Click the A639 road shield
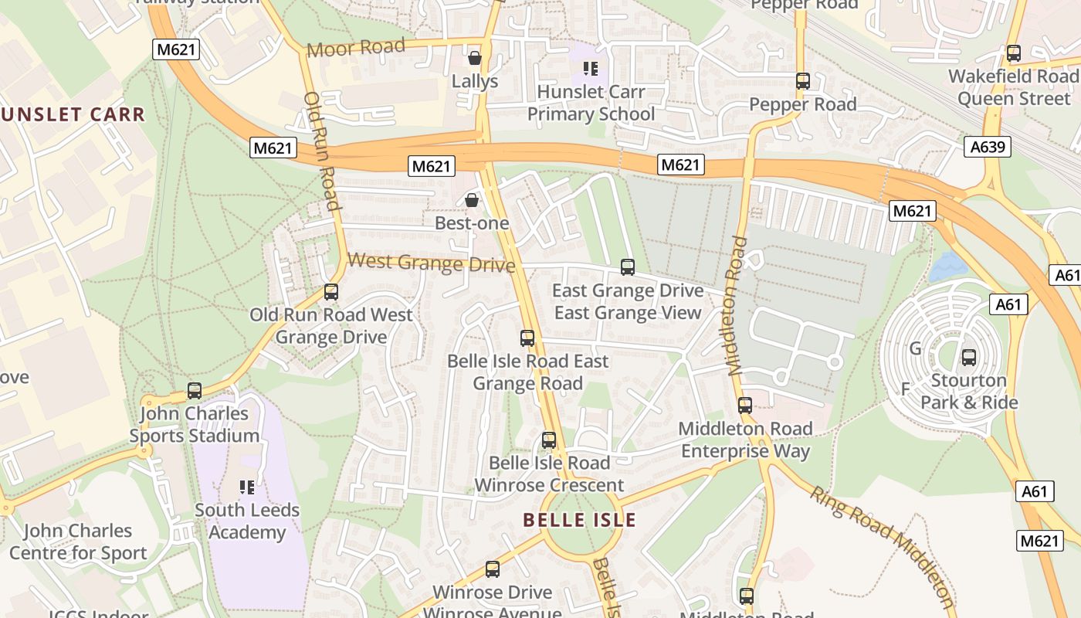[988, 147]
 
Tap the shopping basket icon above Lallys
[475, 58]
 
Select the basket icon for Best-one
[472, 201]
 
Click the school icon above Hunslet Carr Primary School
[591, 69]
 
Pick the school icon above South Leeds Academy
[247, 487]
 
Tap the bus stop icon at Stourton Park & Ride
[969, 358]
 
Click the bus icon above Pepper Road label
[803, 81]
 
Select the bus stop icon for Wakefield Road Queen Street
[1014, 53]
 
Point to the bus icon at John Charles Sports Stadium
[195, 391]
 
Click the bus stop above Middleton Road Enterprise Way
[745, 406]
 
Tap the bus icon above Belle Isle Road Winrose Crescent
[549, 440]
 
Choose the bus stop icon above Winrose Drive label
[493, 570]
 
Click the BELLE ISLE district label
[580, 520]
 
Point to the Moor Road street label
[356, 48]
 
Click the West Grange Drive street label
[431, 263]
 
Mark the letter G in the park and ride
[915, 348]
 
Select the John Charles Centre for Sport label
[78, 542]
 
